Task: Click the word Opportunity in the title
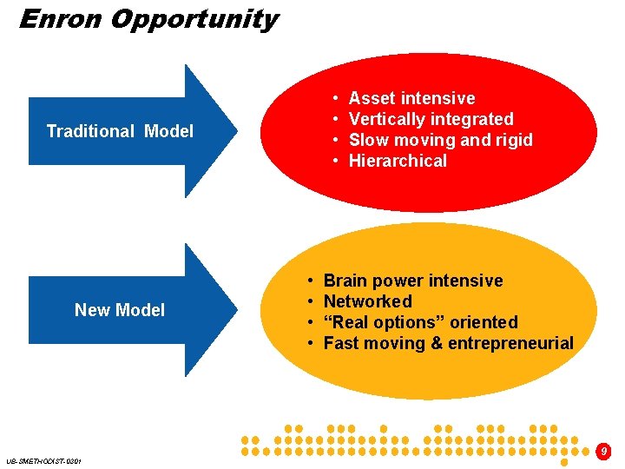[194, 19]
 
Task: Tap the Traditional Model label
[120, 131]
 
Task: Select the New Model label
[120, 310]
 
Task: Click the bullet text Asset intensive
[411, 98]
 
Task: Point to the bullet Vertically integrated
[431, 119]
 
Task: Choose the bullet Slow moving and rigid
[440, 140]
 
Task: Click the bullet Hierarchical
[398, 161]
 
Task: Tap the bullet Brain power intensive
[413, 281]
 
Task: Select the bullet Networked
[367, 301]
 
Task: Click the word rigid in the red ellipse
[513, 140]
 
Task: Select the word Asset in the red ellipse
[371, 98]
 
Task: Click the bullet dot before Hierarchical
[334, 161]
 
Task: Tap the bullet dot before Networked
[310, 301]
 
